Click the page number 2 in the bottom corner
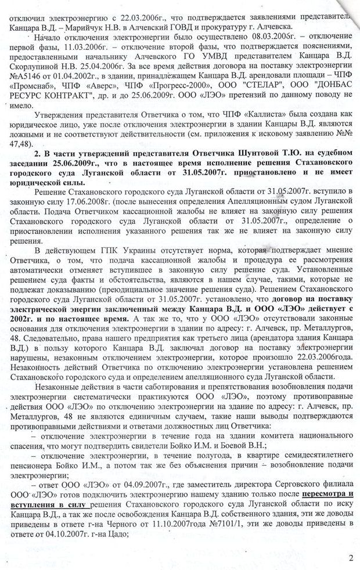click(x=350, y=558)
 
